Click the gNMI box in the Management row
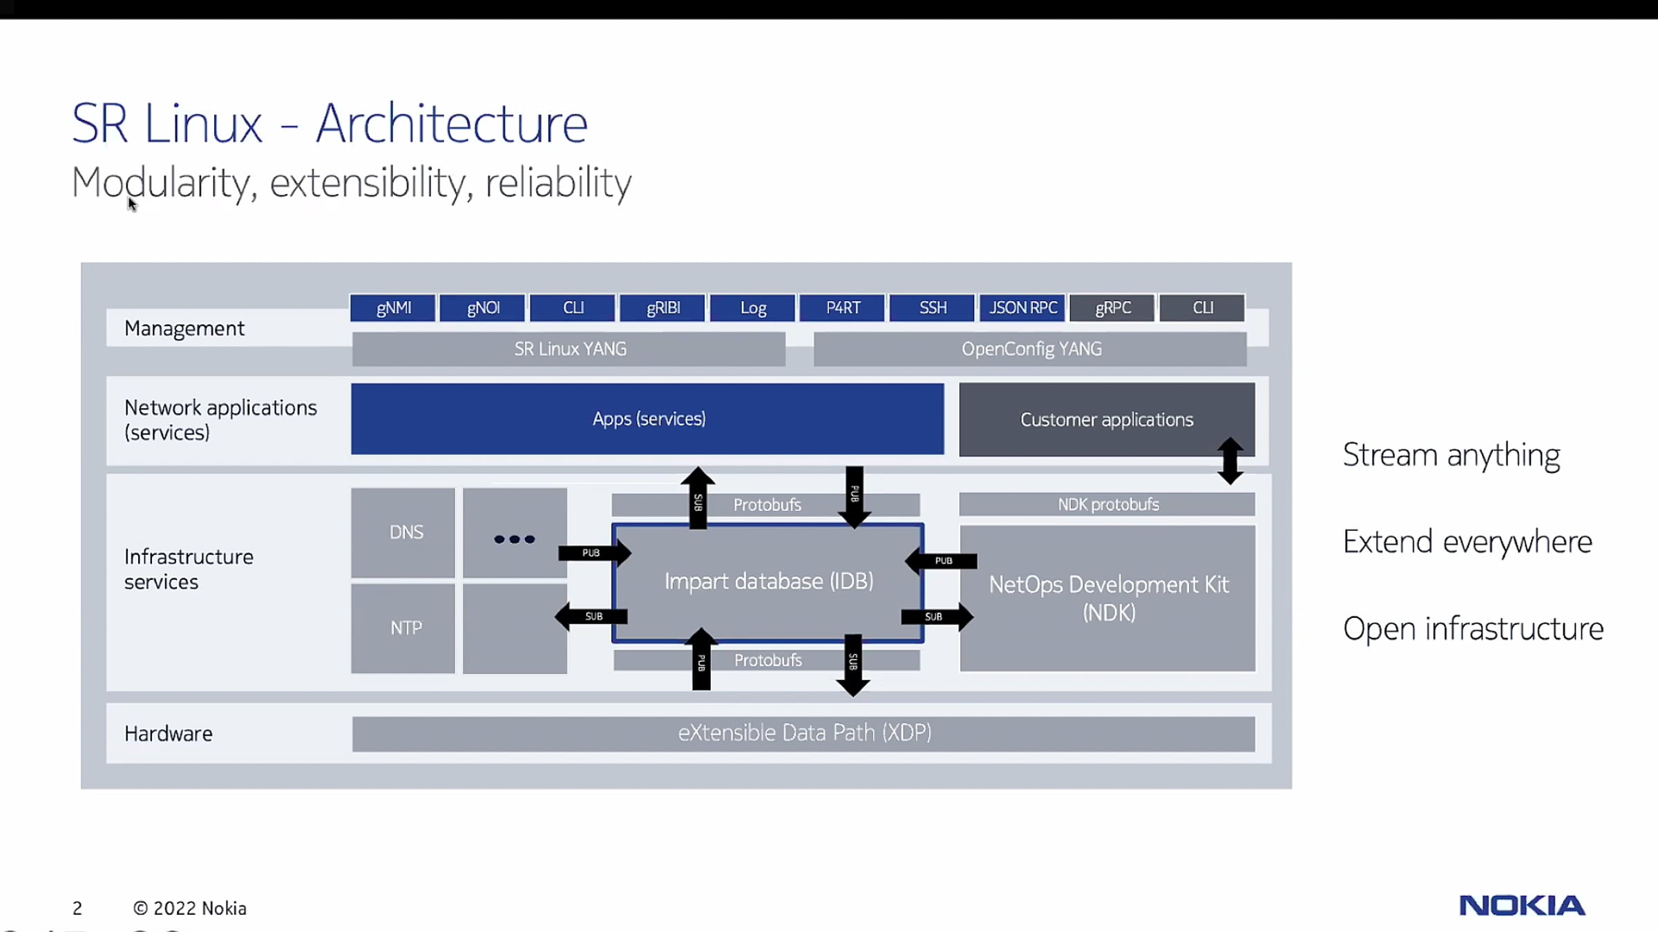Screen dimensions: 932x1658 tap(393, 308)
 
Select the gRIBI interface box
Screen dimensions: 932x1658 tap(663, 308)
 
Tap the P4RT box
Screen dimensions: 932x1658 tap(843, 308)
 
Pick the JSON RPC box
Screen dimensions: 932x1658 tap(1022, 308)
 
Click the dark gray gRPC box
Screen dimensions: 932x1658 tap(1112, 308)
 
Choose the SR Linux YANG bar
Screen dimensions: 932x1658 tap(569, 349)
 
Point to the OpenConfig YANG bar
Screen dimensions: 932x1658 tap(1031, 349)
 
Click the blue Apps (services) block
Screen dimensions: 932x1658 tap(647, 419)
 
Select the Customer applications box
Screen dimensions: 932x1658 tap(1106, 419)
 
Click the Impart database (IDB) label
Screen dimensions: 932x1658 tap(768, 581)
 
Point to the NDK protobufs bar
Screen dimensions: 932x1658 tap(1107, 505)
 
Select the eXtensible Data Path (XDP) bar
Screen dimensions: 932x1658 tap(803, 733)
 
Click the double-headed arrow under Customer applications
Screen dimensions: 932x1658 tap(1230, 460)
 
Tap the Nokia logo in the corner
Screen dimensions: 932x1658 tap(1522, 905)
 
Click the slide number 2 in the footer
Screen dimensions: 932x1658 tap(77, 909)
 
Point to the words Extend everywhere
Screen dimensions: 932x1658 tap(1467, 542)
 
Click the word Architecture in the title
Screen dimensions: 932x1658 tap(452, 124)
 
